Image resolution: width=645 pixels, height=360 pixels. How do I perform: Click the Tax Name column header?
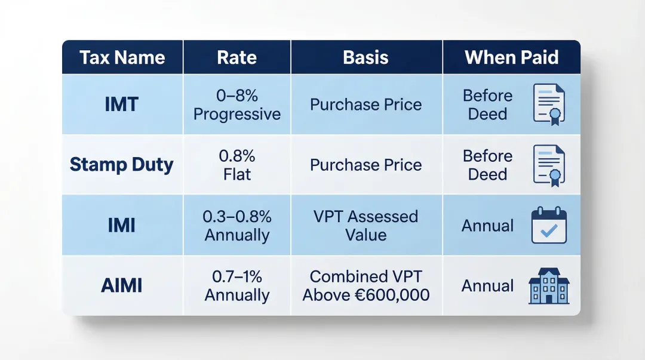pyautogui.click(x=122, y=57)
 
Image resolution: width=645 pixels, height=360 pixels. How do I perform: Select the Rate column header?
pyautogui.click(x=237, y=57)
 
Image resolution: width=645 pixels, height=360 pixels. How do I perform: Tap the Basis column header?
pyautogui.click(x=366, y=57)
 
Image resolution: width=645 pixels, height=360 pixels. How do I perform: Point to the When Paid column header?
pyautogui.click(x=512, y=57)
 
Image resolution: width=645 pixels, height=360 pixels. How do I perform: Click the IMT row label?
pyautogui.click(x=122, y=104)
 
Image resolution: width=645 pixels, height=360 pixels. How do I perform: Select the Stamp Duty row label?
pyautogui.click(x=122, y=164)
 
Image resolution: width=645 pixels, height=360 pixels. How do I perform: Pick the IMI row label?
pyautogui.click(x=122, y=225)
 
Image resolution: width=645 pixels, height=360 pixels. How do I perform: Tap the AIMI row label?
pyautogui.click(x=122, y=285)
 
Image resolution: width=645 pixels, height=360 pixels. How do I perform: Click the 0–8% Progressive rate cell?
pyautogui.click(x=237, y=104)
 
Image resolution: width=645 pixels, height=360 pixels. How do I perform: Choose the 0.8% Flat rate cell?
pyautogui.click(x=237, y=165)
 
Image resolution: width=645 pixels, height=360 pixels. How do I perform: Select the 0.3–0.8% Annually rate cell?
pyautogui.click(x=237, y=225)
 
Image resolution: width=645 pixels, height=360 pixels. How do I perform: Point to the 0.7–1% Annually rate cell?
pyautogui.click(x=237, y=285)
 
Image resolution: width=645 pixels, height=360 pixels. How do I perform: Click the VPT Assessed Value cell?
pyautogui.click(x=366, y=225)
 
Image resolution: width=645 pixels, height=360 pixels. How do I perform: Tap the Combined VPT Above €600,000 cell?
pyautogui.click(x=366, y=285)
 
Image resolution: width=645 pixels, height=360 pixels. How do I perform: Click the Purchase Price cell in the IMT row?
pyautogui.click(x=366, y=104)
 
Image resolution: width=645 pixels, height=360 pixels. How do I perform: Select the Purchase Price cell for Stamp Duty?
pyautogui.click(x=366, y=165)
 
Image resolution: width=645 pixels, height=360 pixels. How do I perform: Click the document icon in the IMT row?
pyautogui.click(x=548, y=104)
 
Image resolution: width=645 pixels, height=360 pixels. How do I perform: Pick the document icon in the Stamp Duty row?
pyautogui.click(x=548, y=165)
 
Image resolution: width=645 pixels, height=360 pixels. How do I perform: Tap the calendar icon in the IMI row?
pyautogui.click(x=548, y=225)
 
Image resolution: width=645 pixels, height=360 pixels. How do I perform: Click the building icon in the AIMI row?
pyautogui.click(x=549, y=286)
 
